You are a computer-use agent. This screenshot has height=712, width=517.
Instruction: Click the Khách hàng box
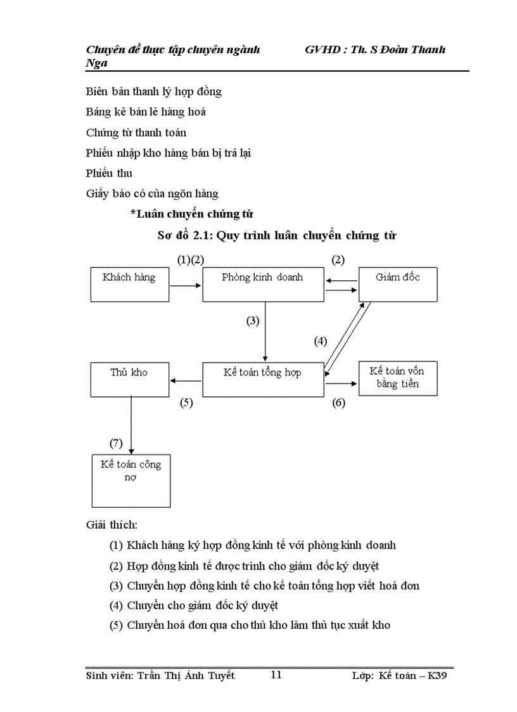[130, 283]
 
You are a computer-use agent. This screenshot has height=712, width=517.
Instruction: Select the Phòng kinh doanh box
[262, 283]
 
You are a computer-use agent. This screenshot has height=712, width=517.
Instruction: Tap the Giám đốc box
[398, 283]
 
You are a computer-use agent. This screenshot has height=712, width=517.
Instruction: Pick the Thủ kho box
[130, 380]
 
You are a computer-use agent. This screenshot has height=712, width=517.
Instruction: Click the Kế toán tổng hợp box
[262, 380]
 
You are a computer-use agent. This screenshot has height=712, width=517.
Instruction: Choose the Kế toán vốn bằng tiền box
[398, 379]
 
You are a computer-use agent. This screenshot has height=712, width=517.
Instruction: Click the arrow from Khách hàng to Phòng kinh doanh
[186, 286]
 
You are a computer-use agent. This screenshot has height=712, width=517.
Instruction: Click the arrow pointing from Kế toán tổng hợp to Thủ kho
[186, 381]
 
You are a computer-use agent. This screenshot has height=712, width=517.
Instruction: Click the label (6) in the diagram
[338, 403]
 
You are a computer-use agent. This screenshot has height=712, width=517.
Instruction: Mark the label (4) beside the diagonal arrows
[321, 341]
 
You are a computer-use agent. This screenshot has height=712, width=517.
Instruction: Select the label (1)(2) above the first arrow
[190, 259]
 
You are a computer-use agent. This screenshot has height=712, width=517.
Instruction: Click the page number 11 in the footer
[276, 675]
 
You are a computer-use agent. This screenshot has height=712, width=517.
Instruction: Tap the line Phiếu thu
[109, 173]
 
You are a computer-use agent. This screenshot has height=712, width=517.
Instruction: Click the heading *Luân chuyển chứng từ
[193, 214]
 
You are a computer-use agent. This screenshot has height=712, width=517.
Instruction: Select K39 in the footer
[438, 676]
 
